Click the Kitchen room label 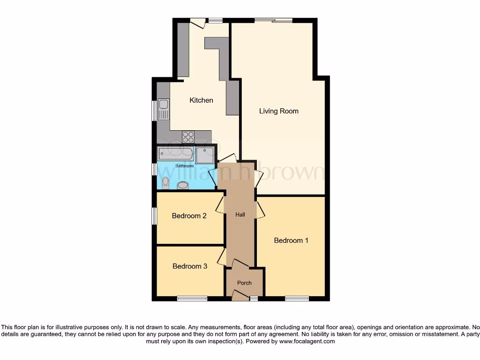[201, 100]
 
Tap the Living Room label [279, 111]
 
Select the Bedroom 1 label [291, 240]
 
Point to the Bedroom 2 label [189, 216]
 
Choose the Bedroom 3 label [190, 266]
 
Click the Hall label [240, 215]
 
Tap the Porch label [244, 283]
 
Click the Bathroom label [184, 166]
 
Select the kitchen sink [163, 109]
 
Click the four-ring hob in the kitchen [188, 136]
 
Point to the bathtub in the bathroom [175, 153]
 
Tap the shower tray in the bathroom [205, 155]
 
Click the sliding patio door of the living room [274, 20]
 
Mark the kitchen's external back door [198, 22]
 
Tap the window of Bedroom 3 [192, 298]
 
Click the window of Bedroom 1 [297, 298]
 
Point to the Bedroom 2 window [154, 216]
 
